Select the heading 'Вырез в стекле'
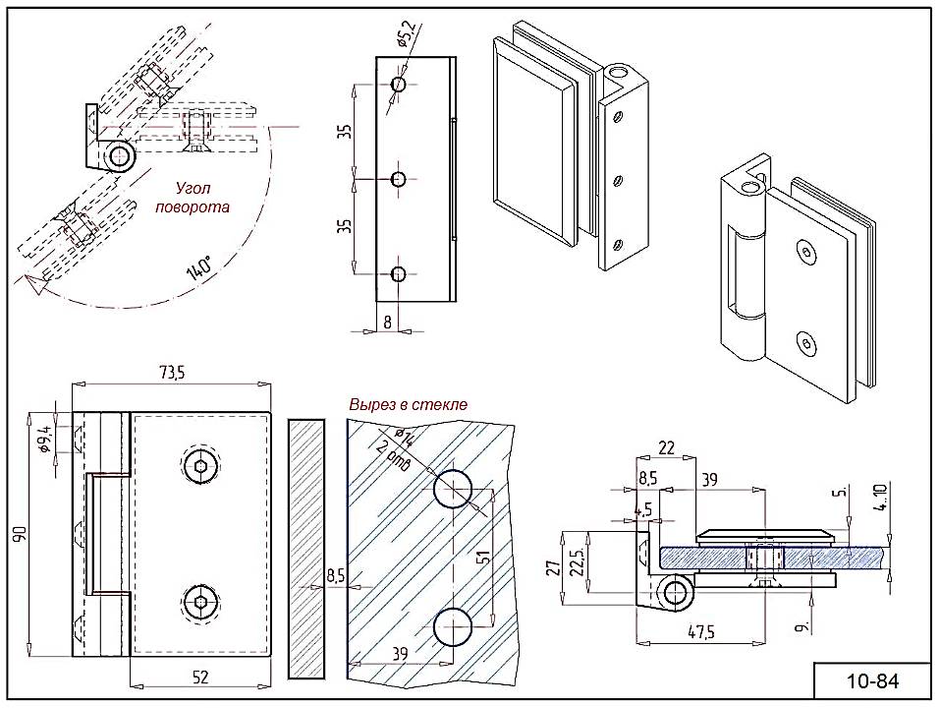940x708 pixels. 409,404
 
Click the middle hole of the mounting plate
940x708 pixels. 398,179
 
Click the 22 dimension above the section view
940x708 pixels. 666,448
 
